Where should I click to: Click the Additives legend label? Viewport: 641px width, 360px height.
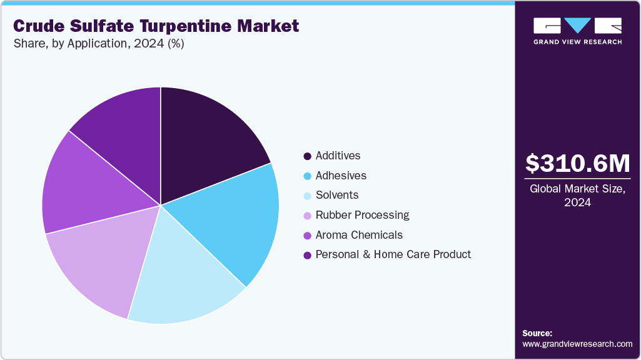[338, 156]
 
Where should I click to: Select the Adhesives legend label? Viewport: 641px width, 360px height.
[341, 176]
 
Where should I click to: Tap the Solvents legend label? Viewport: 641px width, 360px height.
[337, 195]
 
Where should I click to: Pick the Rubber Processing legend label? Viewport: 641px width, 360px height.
[362, 215]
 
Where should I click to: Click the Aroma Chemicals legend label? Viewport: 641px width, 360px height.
[359, 235]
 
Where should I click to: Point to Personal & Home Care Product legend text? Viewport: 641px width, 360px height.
[393, 254]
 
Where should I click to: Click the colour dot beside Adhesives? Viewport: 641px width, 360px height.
[307, 176]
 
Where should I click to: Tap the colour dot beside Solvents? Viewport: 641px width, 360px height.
[307, 196]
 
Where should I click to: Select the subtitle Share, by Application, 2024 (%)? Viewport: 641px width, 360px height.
[98, 44]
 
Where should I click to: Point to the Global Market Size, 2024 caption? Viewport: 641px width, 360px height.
[577, 195]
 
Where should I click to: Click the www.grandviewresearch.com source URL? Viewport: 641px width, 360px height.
[577, 344]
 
